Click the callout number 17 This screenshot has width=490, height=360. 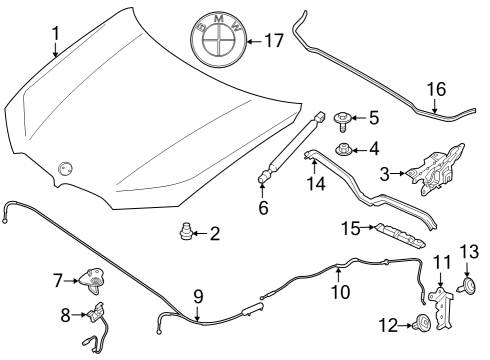point(273,42)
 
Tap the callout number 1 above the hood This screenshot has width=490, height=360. point(56,32)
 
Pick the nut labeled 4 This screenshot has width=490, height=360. point(343,151)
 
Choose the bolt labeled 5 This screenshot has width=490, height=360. point(342,118)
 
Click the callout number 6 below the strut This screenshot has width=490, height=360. point(263,208)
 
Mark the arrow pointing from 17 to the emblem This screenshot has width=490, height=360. point(252,42)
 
